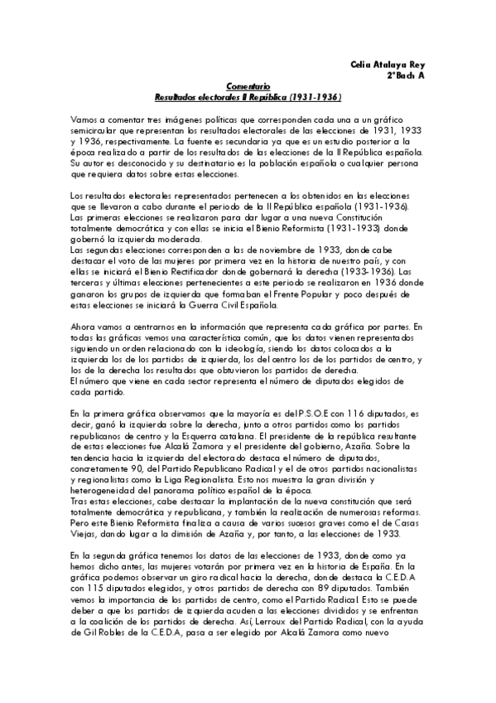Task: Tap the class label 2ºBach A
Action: (x=405, y=75)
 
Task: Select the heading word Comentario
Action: (x=248, y=86)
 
